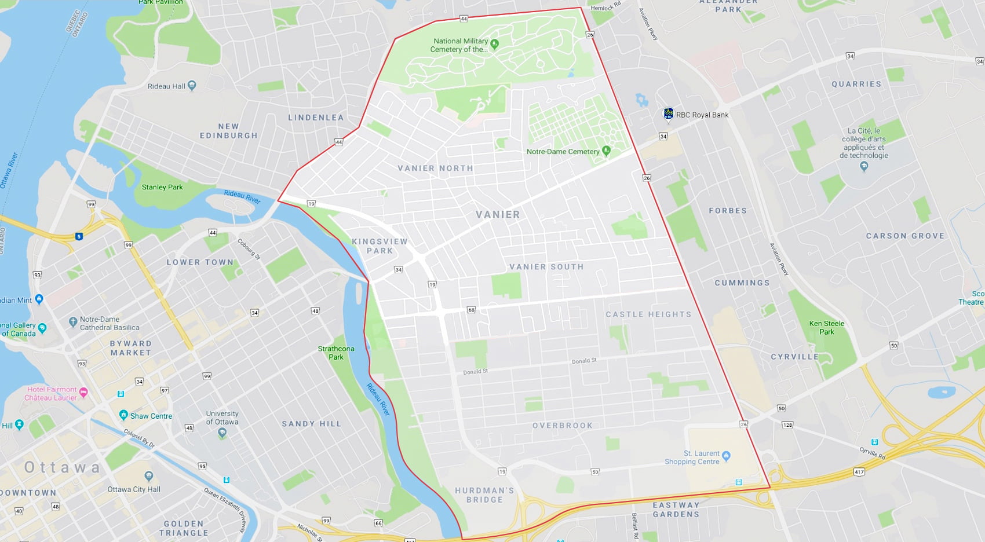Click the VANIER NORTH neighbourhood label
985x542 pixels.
[x=435, y=169]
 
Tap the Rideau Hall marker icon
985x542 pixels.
[x=192, y=86]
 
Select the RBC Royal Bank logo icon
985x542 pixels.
[x=668, y=113]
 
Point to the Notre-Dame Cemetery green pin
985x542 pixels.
[x=607, y=151]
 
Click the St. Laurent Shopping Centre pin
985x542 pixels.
[x=727, y=456]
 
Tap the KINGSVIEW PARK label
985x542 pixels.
[x=380, y=246]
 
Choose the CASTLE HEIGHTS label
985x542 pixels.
[x=648, y=314]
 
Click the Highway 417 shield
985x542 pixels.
[x=859, y=472]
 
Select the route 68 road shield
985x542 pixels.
[x=471, y=310]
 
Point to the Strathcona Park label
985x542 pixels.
[x=336, y=353]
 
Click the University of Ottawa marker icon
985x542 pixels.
[x=222, y=433]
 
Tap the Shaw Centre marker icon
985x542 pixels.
[x=123, y=415]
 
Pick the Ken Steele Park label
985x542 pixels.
[x=826, y=328]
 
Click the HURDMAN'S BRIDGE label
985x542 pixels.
[x=484, y=495]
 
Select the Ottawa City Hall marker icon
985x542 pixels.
[x=149, y=476]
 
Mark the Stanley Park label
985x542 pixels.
[x=162, y=187]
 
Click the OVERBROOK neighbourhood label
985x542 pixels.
[x=563, y=426]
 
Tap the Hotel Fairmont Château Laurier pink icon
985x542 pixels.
[x=83, y=393]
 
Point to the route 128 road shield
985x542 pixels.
[x=787, y=425]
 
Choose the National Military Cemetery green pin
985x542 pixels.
[x=494, y=43]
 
